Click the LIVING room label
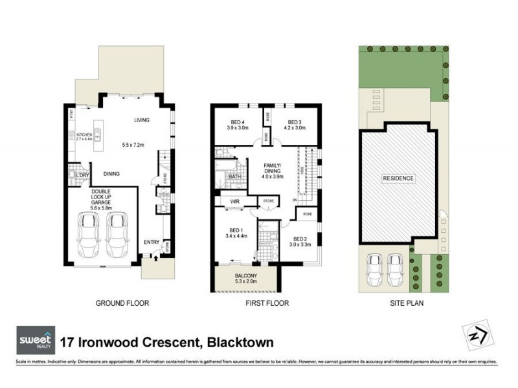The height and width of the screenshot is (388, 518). pyautogui.click(x=142, y=120)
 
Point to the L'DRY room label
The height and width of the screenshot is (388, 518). pyautogui.click(x=82, y=176)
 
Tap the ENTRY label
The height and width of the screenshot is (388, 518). pyautogui.click(x=152, y=242)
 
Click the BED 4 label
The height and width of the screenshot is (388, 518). pyautogui.click(x=238, y=122)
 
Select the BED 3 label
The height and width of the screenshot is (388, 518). pyautogui.click(x=295, y=122)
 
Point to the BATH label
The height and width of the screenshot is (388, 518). pyautogui.click(x=234, y=176)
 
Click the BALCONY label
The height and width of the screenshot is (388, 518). pyautogui.click(x=244, y=279)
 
